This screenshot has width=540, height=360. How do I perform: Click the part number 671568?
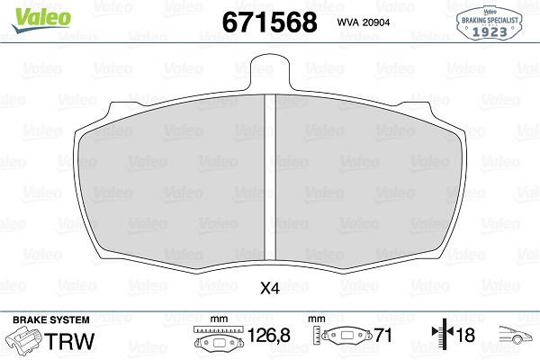pyautogui.click(x=270, y=22)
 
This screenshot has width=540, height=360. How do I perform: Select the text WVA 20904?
pyautogui.click(x=364, y=22)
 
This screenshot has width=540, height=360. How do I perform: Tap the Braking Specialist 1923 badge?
pyautogui.click(x=490, y=22)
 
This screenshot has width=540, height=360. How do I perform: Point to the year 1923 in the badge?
pyautogui.click(x=490, y=31)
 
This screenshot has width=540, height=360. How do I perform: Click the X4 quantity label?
pyautogui.click(x=270, y=289)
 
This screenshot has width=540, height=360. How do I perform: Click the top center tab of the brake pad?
pyautogui.click(x=270, y=72)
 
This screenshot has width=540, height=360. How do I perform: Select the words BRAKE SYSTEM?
pyautogui.click(x=51, y=319)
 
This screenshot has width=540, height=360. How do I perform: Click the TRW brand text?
pyautogui.click(x=70, y=341)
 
